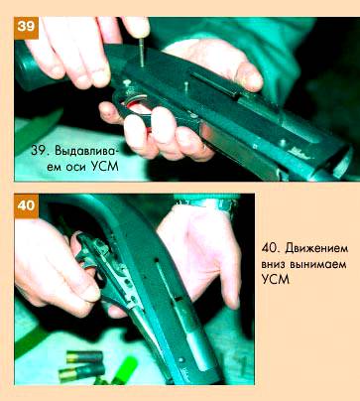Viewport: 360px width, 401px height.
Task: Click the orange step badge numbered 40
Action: pos(26,205)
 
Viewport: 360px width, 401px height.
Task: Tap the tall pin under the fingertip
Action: pos(142,53)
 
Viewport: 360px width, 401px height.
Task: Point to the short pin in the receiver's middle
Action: pos(186,86)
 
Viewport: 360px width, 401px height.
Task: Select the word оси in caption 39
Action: pos(76,167)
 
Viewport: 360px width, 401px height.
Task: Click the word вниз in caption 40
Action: pos(273,265)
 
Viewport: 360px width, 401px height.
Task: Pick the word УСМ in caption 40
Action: pos(276,280)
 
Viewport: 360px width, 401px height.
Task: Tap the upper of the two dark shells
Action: pos(84,357)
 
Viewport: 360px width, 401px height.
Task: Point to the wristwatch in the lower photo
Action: pos(211,203)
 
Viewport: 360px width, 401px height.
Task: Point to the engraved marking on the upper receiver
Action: pos(300,152)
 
